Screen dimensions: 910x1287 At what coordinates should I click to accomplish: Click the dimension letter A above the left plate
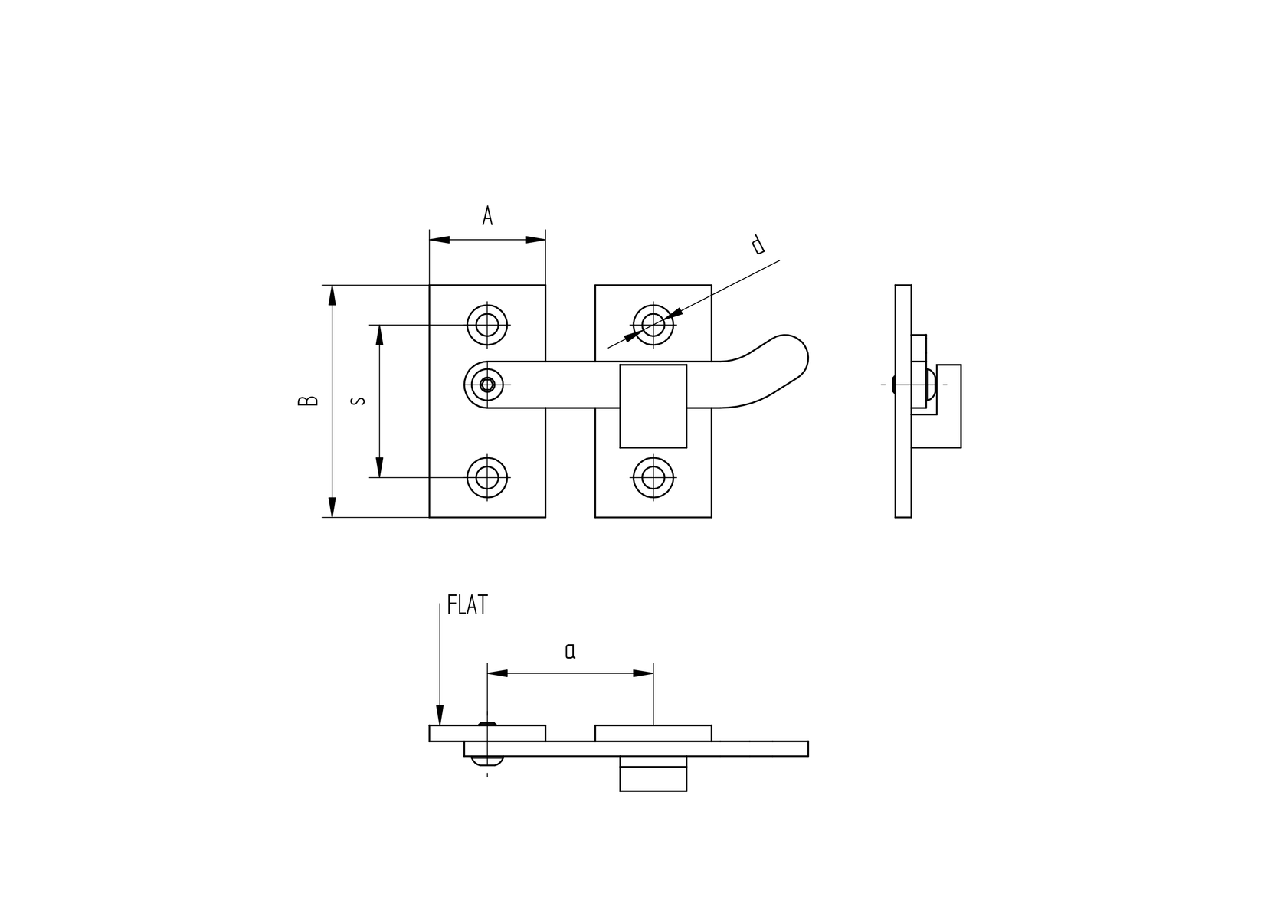[487, 217]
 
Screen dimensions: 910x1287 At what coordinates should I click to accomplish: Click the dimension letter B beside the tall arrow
[308, 401]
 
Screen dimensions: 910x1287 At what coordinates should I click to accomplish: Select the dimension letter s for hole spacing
[358, 401]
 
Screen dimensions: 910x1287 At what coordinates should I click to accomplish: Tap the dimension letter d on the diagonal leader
[758, 244]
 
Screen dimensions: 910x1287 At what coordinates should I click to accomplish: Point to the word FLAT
[467, 606]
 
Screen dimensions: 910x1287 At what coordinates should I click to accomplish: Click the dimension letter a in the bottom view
[570, 652]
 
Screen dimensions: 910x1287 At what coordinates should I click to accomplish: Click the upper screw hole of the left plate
[487, 325]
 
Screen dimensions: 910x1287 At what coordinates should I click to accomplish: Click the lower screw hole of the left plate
[487, 477]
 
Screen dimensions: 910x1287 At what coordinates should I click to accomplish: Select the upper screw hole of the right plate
[653, 325]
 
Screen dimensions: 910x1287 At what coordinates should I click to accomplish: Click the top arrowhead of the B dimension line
[332, 295]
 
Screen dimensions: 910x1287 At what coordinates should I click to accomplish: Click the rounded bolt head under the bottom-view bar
[487, 761]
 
